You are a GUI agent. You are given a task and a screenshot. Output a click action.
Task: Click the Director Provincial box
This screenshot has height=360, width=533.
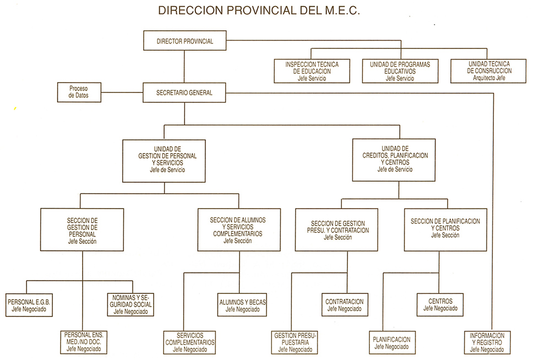point(184,41)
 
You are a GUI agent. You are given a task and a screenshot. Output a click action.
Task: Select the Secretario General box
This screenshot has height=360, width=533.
point(184,92)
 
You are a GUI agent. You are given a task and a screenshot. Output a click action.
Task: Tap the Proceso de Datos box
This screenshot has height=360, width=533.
point(79,92)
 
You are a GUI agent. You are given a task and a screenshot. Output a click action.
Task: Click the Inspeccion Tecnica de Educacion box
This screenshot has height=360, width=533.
point(312,71)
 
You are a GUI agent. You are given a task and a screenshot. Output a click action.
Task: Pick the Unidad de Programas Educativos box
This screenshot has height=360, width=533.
point(400,71)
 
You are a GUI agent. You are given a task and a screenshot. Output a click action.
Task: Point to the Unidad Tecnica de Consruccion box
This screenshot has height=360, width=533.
point(488,70)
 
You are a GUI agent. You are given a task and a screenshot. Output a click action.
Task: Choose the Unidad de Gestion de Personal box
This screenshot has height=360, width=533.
point(164,161)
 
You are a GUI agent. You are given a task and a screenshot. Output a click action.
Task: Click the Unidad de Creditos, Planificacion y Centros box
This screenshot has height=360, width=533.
point(394,160)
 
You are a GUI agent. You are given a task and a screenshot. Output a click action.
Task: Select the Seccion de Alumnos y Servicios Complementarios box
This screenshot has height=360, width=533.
point(239,230)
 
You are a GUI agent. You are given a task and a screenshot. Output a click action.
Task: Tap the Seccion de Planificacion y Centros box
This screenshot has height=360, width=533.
point(445,230)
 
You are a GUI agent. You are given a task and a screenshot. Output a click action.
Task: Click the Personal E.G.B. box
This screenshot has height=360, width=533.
point(29,306)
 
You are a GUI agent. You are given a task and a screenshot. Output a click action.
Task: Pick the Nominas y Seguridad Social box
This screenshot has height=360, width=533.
point(130,304)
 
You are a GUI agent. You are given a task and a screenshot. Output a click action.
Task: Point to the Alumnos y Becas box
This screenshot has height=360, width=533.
point(242,305)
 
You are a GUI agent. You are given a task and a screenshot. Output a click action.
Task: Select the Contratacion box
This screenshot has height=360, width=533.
point(345,304)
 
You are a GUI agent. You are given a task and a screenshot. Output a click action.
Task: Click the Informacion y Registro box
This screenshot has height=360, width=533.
point(487,343)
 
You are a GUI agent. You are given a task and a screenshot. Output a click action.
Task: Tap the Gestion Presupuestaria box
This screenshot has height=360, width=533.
point(295,343)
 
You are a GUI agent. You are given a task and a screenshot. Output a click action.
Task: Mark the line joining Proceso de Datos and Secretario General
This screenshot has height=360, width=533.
point(122,92)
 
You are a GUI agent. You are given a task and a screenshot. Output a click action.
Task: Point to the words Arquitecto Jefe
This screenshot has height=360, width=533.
point(489,78)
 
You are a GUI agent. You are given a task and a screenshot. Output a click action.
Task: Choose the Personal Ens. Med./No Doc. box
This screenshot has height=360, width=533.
point(83,342)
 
